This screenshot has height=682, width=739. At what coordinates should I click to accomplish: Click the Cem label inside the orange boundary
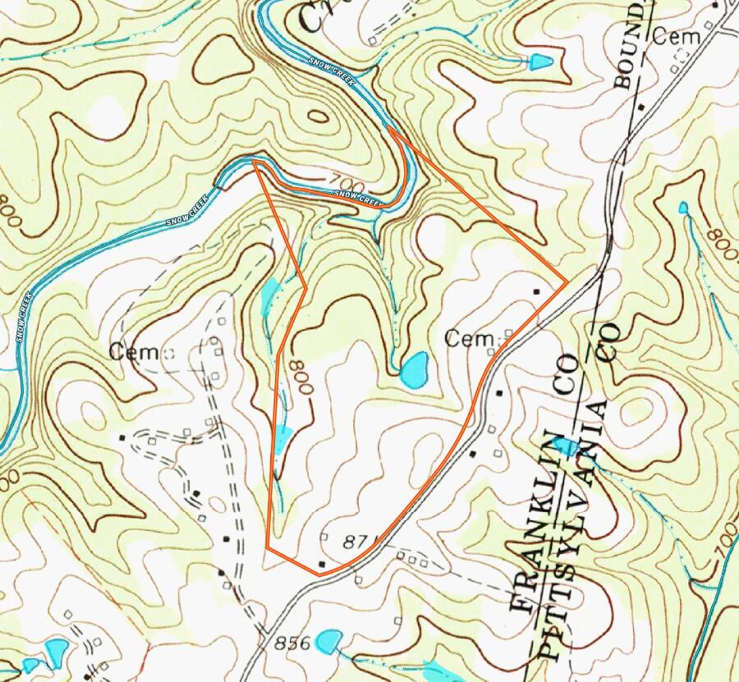click(x=470, y=337)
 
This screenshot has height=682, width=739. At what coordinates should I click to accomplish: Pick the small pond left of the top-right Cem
click(x=539, y=61)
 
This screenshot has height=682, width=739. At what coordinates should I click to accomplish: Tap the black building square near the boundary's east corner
click(x=537, y=292)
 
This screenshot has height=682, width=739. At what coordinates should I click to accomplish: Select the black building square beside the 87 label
click(x=322, y=564)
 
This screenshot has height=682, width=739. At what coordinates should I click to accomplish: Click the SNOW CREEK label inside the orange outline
click(x=360, y=197)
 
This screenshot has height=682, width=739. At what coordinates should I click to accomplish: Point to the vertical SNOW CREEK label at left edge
click(x=24, y=304)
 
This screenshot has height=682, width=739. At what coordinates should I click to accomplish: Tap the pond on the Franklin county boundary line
click(x=567, y=447)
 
